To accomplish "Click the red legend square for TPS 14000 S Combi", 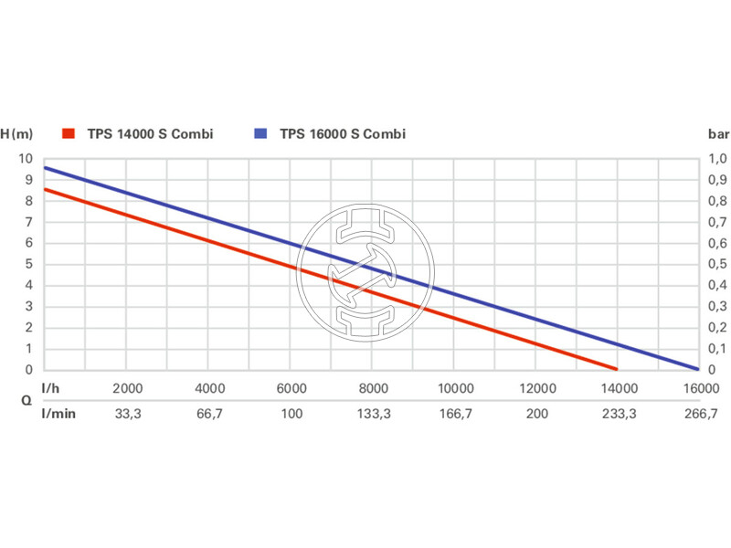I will [67, 134].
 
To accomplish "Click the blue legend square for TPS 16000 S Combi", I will [260, 134].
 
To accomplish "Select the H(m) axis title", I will [16, 134].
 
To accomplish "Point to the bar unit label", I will [716, 134].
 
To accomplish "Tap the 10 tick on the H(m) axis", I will [25, 159].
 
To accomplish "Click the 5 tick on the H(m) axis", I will [28, 264].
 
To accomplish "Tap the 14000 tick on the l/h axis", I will [618, 388].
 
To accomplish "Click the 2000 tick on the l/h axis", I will [127, 388].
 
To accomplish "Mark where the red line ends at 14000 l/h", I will [617, 369].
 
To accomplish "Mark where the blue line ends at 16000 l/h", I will [697, 369].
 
